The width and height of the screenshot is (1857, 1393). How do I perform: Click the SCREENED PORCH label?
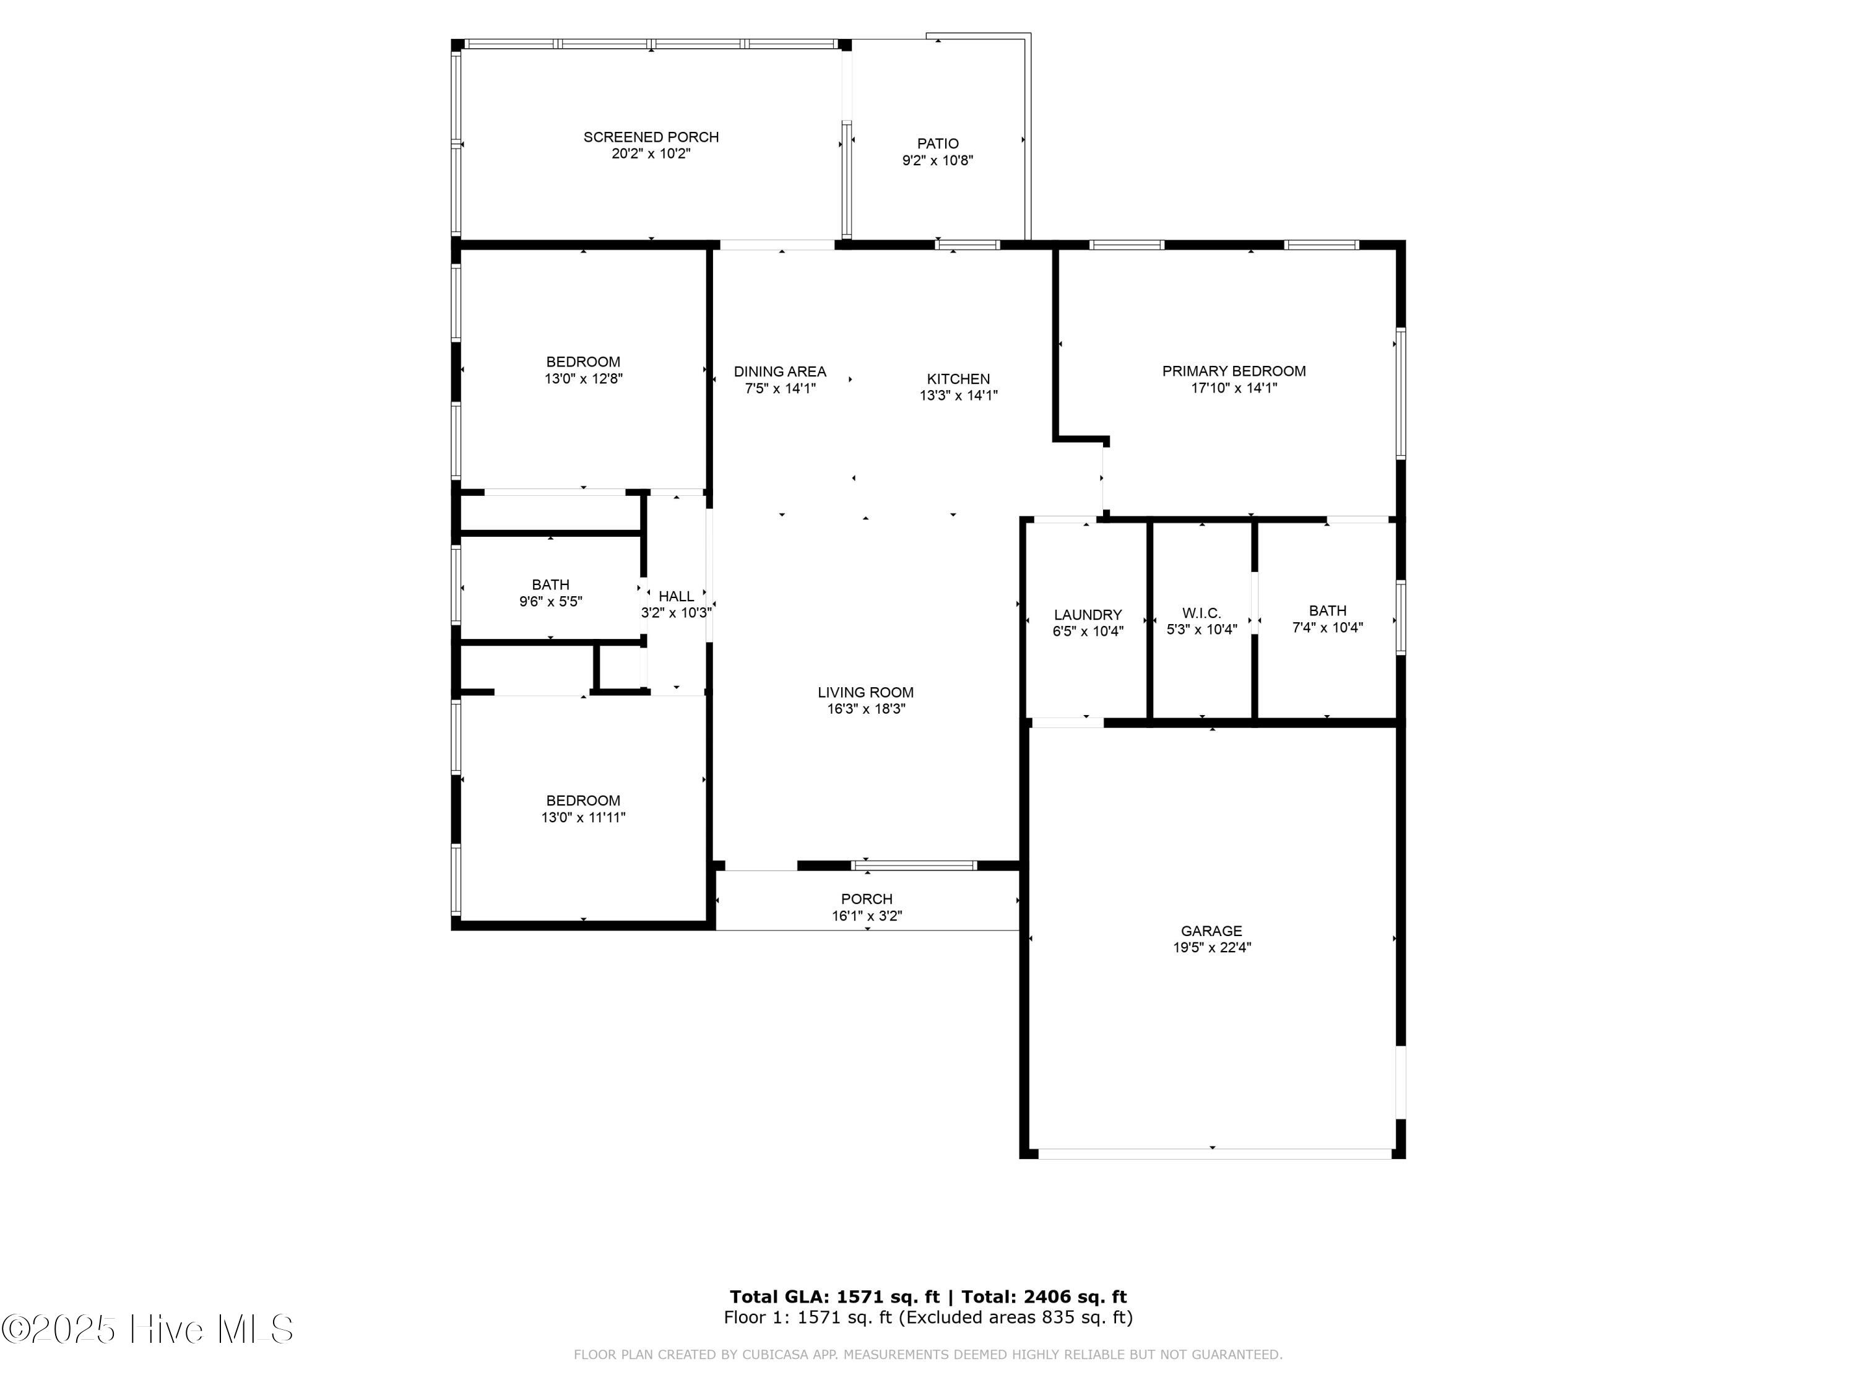tap(651, 137)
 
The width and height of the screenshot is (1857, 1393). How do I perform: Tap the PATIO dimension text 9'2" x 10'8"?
tap(937, 160)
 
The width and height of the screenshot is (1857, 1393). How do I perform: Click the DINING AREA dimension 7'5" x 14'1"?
tap(780, 388)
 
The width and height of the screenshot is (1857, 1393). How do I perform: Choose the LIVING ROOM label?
tap(865, 692)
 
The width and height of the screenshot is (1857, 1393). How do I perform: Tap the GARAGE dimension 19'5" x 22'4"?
tap(1211, 947)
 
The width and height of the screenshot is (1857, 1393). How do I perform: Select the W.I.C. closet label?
tap(1201, 613)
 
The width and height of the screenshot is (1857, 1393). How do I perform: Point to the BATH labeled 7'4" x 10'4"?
tap(1327, 610)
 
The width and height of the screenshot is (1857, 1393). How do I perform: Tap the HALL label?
tap(676, 596)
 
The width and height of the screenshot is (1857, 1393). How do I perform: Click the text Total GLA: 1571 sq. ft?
tap(834, 1296)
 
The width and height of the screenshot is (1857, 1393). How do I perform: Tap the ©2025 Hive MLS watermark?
tap(148, 1329)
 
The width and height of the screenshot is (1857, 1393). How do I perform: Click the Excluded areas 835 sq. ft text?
tap(1016, 1317)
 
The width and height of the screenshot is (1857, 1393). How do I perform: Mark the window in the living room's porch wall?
tap(914, 865)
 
